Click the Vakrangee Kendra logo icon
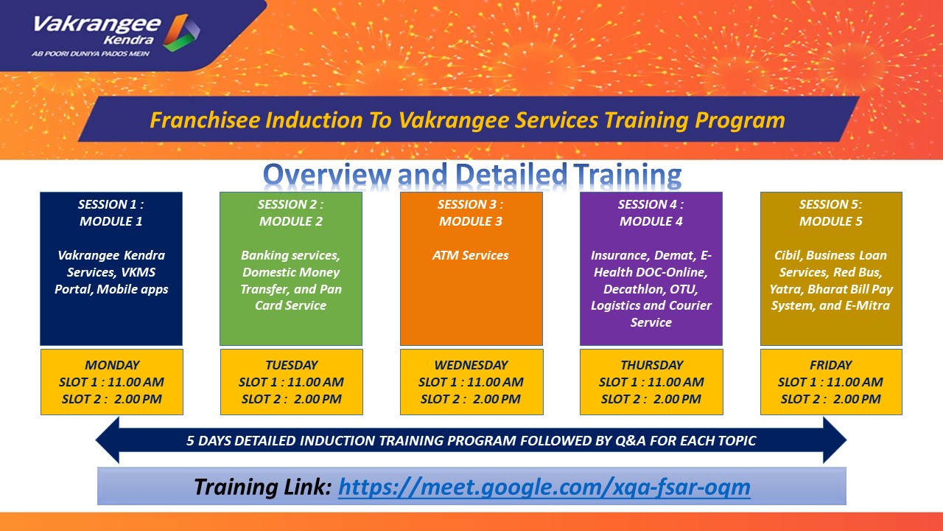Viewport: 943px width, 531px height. [x=181, y=32]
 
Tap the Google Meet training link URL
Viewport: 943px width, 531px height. [x=544, y=487]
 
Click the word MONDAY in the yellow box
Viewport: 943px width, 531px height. [x=112, y=365]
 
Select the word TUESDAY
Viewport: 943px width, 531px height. [x=291, y=365]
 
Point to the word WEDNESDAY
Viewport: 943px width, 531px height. [x=471, y=365]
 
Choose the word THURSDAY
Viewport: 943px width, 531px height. [x=652, y=365]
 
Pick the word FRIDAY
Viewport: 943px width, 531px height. [x=830, y=365]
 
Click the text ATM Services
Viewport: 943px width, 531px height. [x=470, y=255]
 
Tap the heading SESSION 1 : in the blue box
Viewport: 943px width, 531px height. [x=111, y=204]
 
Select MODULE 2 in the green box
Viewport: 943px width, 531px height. [x=291, y=221]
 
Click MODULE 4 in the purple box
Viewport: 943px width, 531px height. [x=651, y=221]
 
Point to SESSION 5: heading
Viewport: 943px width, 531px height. [x=830, y=204]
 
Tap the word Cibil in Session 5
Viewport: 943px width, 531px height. [x=788, y=255]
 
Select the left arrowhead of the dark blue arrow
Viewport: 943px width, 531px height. [x=108, y=440]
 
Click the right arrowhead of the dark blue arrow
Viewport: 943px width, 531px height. [x=835, y=440]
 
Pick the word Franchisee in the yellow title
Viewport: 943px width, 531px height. [x=206, y=120]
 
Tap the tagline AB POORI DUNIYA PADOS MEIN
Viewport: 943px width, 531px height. [x=91, y=54]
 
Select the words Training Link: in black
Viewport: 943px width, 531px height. [x=263, y=487]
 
